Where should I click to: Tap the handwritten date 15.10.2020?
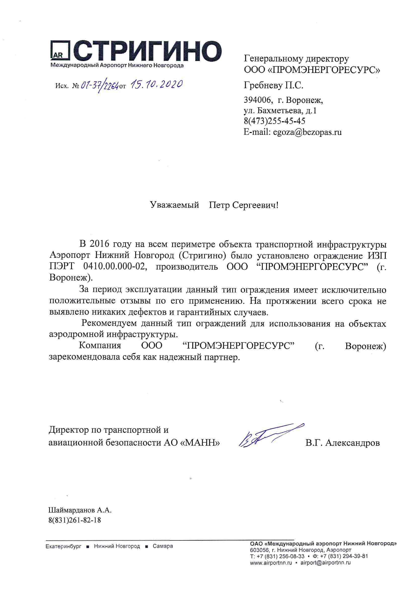coord(157,84)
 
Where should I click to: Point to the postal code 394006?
coord(257,100)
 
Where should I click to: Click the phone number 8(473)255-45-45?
coord(274,121)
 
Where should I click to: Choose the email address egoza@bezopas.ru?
coord(307,132)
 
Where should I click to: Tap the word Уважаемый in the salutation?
coord(174,205)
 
